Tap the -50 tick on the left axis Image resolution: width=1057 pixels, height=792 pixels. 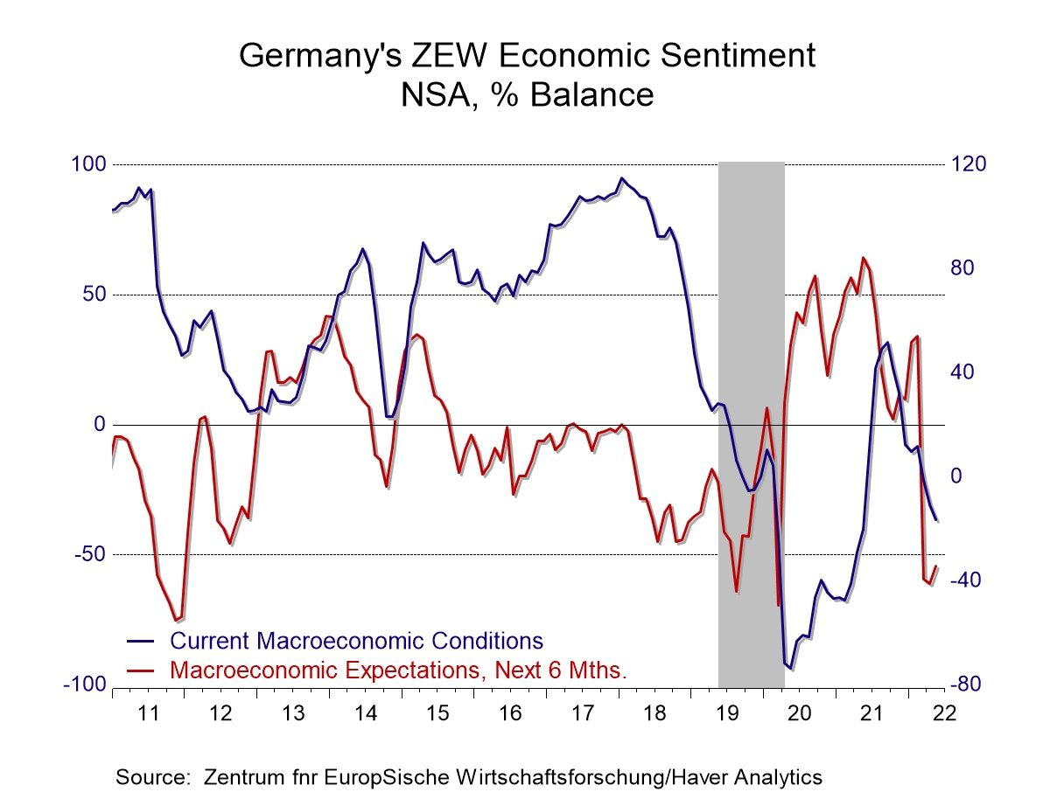(87, 555)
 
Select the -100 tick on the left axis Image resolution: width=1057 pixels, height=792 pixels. (84, 684)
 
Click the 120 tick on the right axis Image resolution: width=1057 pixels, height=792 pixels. (969, 164)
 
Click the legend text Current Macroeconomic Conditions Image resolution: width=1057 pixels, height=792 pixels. (356, 640)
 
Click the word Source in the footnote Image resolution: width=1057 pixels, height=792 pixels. (153, 776)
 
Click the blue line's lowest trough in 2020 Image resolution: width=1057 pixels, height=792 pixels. (790, 669)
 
